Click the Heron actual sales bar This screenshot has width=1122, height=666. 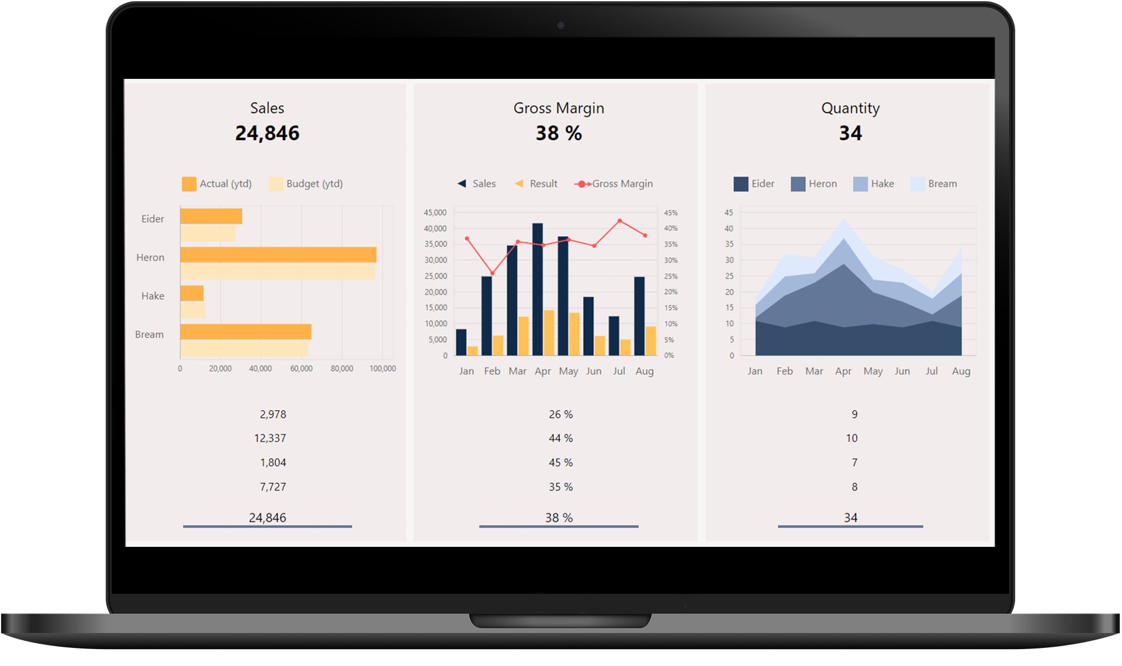[278, 255]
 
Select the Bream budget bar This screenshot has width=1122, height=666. [244, 349]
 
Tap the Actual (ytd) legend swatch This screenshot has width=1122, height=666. [189, 184]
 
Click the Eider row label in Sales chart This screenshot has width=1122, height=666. [153, 219]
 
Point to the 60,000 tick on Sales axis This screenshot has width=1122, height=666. [301, 369]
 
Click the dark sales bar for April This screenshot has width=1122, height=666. [538, 289]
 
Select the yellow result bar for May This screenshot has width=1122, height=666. [574, 334]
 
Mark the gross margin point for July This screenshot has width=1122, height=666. [619, 221]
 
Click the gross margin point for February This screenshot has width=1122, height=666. [492, 273]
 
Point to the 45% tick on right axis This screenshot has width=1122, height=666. [670, 213]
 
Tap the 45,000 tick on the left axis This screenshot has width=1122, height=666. [435, 213]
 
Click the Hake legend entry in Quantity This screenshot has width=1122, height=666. [874, 184]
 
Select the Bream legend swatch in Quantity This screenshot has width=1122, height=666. [917, 184]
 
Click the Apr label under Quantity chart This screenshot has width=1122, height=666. [843, 371]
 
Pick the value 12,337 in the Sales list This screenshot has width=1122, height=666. [270, 438]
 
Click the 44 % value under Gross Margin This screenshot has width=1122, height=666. [560, 438]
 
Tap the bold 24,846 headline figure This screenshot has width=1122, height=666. [267, 133]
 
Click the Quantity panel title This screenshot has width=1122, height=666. [850, 108]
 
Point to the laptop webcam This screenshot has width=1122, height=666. [561, 25]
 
